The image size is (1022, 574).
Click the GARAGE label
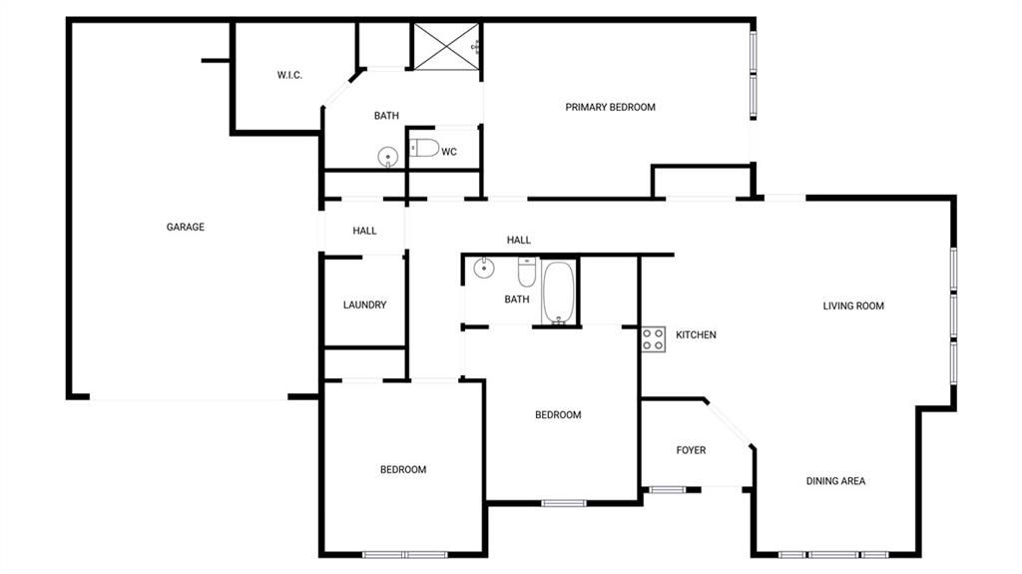click(x=185, y=227)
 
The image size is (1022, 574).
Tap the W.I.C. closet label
click(x=289, y=75)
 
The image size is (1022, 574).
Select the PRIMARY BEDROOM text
click(x=610, y=107)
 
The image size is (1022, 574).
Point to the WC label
click(x=449, y=152)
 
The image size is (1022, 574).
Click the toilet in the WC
click(x=424, y=148)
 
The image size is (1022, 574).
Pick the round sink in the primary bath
click(x=388, y=157)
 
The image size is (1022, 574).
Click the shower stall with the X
click(x=446, y=47)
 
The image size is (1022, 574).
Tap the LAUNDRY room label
click(x=364, y=304)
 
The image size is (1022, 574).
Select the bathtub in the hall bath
click(x=559, y=292)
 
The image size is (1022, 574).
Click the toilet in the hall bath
click(x=527, y=272)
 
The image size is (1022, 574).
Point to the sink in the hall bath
click(x=484, y=268)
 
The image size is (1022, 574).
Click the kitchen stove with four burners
click(x=653, y=339)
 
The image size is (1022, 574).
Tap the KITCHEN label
click(x=696, y=334)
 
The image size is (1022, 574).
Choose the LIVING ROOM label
click(x=853, y=305)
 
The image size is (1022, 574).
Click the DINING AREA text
click(x=835, y=481)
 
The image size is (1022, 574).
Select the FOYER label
click(x=691, y=450)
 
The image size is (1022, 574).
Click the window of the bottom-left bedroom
click(x=405, y=555)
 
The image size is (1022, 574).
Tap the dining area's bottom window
click(x=833, y=555)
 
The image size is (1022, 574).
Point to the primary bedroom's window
click(x=753, y=74)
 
